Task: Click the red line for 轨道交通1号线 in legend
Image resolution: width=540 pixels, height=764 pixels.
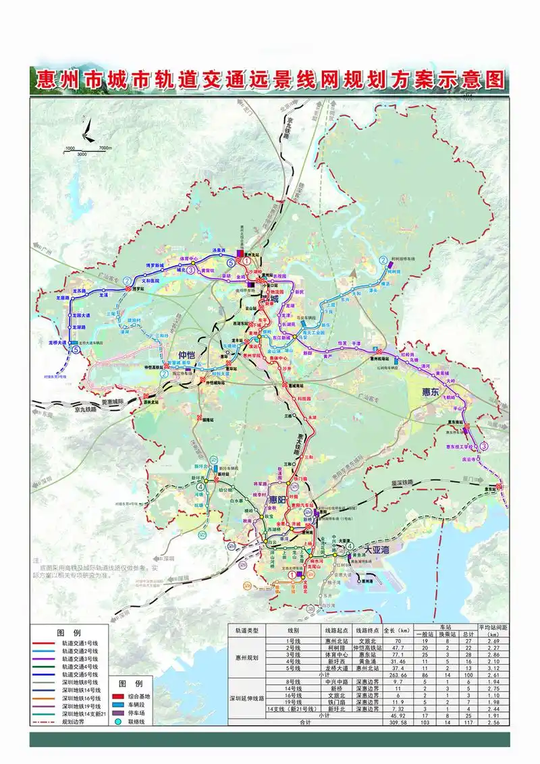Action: pos(45,644)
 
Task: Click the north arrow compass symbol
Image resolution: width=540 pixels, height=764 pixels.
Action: pos(84,130)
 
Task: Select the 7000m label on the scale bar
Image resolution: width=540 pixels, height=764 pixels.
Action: pos(105,148)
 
